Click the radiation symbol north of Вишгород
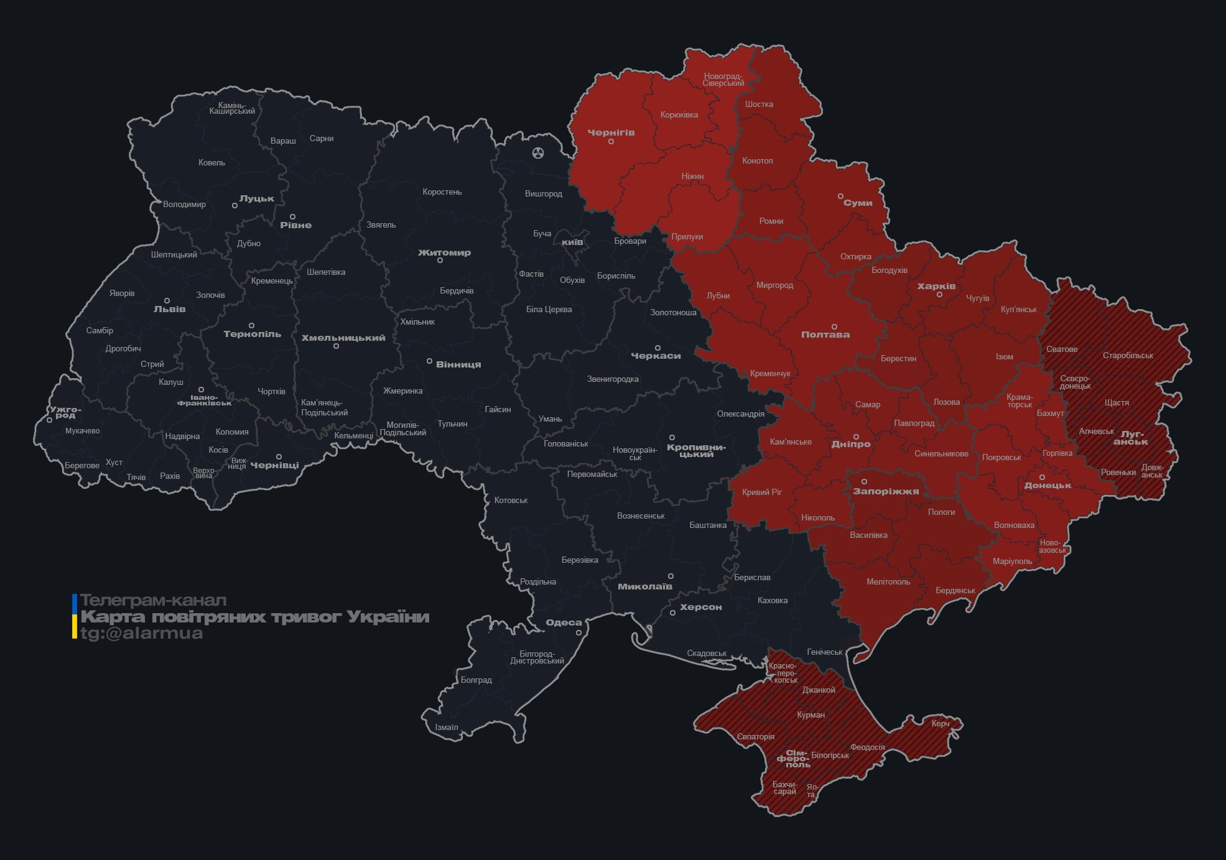tap(538, 153)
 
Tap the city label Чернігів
tap(611, 132)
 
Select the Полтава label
tap(825, 335)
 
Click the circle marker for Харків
tap(939, 295)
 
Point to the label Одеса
tap(564, 622)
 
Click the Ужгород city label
tap(65, 412)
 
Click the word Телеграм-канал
tap(153, 601)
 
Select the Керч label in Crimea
tap(940, 723)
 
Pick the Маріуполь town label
tap(1012, 562)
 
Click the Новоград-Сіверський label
tap(723, 80)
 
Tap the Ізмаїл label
tap(447, 728)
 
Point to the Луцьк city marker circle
tap(235, 205)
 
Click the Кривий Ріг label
tap(761, 492)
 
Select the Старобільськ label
tap(1128, 356)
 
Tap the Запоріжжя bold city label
tap(885, 491)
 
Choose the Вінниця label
tap(458, 364)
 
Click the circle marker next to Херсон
tap(672, 613)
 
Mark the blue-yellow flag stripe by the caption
tap(75, 616)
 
